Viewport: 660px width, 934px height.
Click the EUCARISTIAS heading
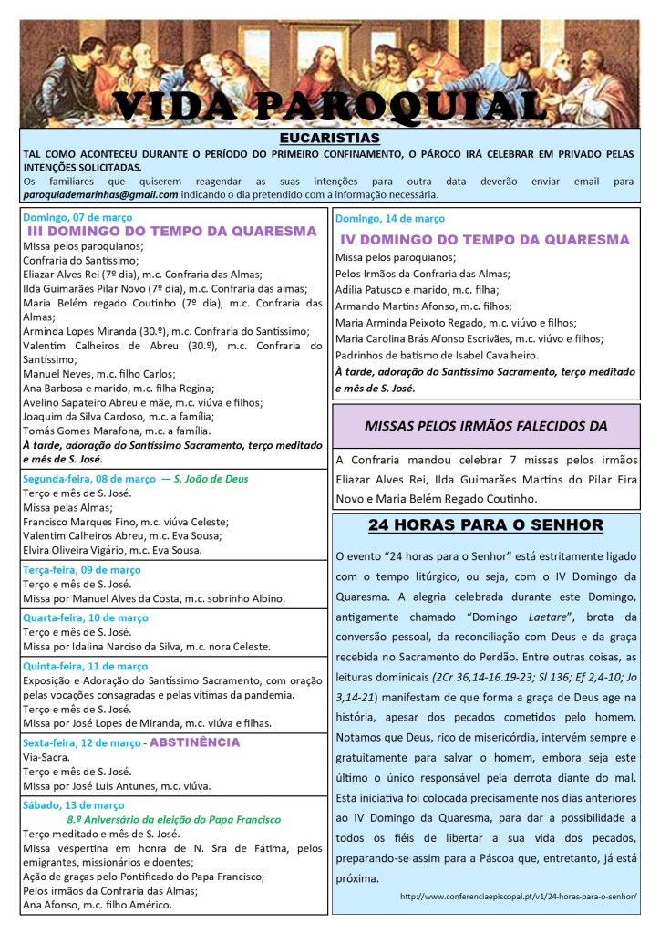point(329,138)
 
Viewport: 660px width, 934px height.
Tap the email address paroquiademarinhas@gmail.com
point(100,194)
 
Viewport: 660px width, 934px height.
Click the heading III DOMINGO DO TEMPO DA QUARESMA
point(172,232)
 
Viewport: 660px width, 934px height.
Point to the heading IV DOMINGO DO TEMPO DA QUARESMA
point(485,240)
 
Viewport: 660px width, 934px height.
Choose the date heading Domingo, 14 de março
point(390,219)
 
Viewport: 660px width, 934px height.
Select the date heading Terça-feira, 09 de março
point(81,570)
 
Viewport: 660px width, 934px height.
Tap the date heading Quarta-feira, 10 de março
point(85,617)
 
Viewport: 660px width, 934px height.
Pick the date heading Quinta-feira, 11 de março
point(85,666)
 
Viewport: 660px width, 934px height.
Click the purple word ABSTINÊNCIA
point(194,742)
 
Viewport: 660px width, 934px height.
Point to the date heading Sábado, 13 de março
point(73,805)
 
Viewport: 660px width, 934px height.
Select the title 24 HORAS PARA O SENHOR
point(485,525)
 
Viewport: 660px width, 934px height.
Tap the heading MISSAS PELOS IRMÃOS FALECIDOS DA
point(485,426)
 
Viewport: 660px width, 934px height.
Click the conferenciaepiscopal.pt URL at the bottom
point(518,897)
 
